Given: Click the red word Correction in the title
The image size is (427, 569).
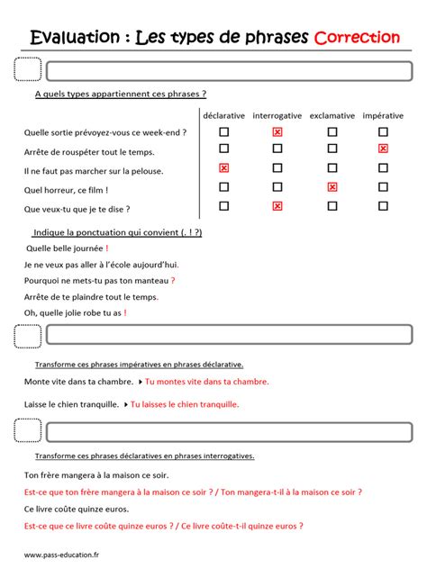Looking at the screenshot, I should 357,37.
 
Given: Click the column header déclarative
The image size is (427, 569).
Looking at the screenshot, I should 223,116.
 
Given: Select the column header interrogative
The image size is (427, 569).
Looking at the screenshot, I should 277,116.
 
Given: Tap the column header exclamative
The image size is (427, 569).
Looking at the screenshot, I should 332,116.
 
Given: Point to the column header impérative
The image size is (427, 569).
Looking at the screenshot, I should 383,116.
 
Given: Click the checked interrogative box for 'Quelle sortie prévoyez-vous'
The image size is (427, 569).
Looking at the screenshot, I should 277,132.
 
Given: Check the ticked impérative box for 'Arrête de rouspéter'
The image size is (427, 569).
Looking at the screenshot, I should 383,149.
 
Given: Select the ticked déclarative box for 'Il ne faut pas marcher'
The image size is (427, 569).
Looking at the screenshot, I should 223,168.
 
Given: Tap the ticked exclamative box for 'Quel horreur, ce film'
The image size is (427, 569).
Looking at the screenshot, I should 332,187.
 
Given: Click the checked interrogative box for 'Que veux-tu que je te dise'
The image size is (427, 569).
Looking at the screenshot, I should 277,206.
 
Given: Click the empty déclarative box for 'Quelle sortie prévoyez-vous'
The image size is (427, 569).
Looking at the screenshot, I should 223,132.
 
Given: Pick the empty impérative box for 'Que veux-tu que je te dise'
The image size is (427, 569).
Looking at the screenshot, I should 383,206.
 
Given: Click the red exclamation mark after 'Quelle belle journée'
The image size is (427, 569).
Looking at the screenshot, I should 106,248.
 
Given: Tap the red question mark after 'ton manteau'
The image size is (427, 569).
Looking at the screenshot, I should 173,280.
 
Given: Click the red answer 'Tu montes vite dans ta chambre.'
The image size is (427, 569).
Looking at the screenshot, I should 206,382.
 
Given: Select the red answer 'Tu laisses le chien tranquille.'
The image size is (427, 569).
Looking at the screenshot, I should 185,404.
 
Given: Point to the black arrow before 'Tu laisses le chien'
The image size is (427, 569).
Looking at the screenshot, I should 125,404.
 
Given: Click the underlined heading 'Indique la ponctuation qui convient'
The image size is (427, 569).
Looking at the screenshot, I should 117,232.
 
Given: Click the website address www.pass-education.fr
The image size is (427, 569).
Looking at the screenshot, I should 61,555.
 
